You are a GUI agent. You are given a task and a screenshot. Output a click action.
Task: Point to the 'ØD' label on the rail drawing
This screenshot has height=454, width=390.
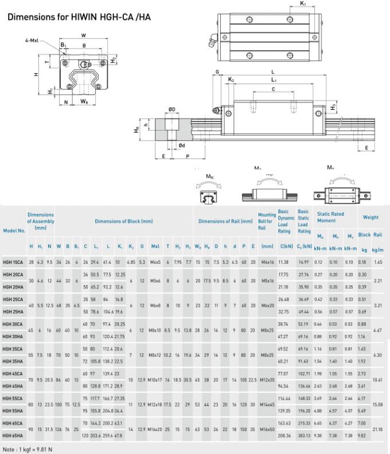coord(172,109)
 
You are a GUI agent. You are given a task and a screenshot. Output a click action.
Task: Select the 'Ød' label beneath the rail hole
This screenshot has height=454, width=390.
coord(181,145)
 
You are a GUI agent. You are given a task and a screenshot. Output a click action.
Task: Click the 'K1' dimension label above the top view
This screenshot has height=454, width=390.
coord(303,4)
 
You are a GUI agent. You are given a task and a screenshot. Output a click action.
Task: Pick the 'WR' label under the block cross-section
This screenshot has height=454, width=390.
coord(84,102)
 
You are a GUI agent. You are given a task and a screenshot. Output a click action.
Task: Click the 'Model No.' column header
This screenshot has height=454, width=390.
coord(14,230)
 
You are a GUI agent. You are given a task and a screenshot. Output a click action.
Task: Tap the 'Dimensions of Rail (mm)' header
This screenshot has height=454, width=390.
coord(225,221)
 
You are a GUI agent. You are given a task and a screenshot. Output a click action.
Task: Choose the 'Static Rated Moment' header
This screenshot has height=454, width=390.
coord(330,217)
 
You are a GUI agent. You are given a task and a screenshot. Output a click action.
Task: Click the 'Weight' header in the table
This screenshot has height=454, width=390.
coord(370,217)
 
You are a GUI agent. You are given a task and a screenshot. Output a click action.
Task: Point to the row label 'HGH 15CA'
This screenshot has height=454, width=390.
coord(14,262)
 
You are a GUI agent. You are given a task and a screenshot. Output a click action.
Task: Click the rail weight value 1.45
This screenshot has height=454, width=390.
coord(377,262)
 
